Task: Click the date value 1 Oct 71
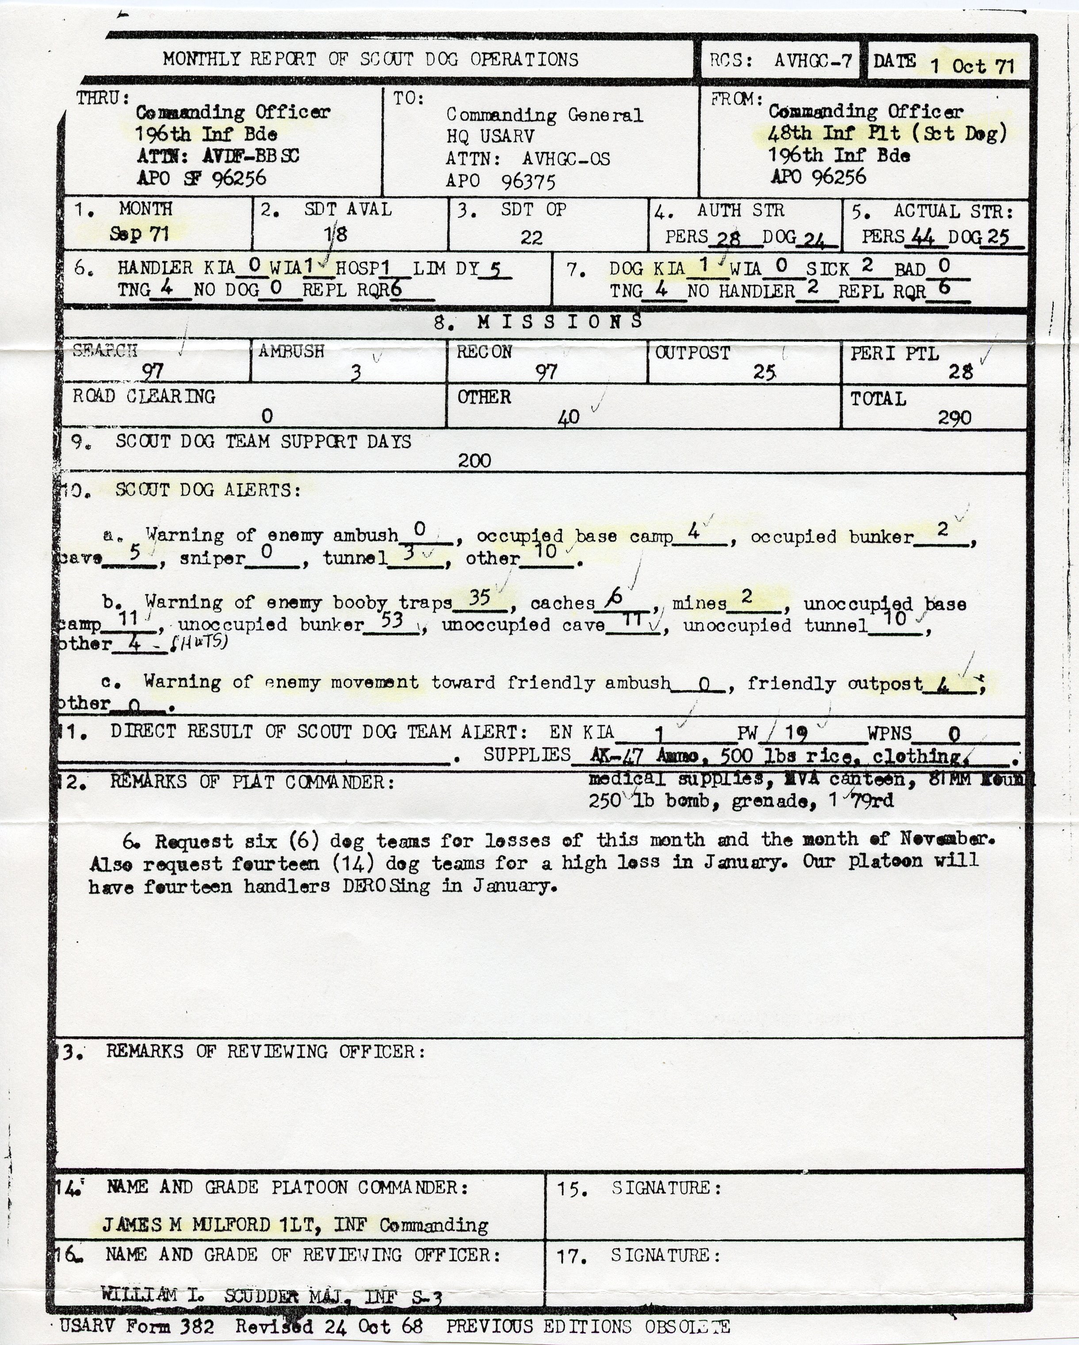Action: coord(972,65)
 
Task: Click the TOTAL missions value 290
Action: coord(954,417)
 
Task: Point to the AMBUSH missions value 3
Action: coord(356,373)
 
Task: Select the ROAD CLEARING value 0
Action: coord(267,415)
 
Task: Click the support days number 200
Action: coord(474,461)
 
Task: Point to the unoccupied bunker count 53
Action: coord(392,620)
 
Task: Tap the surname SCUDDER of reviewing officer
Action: coord(261,1296)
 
